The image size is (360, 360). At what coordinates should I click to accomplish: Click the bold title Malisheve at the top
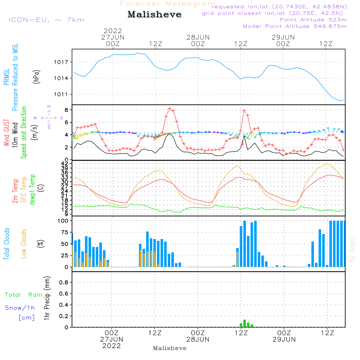coord(154,14)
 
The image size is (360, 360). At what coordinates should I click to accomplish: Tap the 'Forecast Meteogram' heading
coord(168,4)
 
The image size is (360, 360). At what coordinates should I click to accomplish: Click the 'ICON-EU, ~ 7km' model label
coord(46,20)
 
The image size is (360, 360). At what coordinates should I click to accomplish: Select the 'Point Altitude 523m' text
coord(313,20)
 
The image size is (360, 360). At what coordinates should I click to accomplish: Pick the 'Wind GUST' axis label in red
coord(6,132)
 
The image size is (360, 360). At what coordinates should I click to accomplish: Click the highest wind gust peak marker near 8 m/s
coord(170,109)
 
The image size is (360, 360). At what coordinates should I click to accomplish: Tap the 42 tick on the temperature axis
coord(65,163)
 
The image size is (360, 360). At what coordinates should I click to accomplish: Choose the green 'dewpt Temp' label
coord(32,189)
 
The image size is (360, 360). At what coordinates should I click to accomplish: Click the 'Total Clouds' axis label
coord(6,244)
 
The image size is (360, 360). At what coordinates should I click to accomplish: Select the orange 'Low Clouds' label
coord(24,244)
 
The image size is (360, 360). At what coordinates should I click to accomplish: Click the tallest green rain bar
coord(244,323)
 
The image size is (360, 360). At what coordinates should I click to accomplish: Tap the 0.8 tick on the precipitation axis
coord(64,282)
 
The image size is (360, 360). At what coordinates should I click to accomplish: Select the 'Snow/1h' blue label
coord(20,308)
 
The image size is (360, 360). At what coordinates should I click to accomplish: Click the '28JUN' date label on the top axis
coord(198,37)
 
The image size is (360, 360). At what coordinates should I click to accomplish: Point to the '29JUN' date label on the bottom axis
coord(284,339)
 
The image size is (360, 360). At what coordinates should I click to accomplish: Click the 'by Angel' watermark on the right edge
coord(352,249)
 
